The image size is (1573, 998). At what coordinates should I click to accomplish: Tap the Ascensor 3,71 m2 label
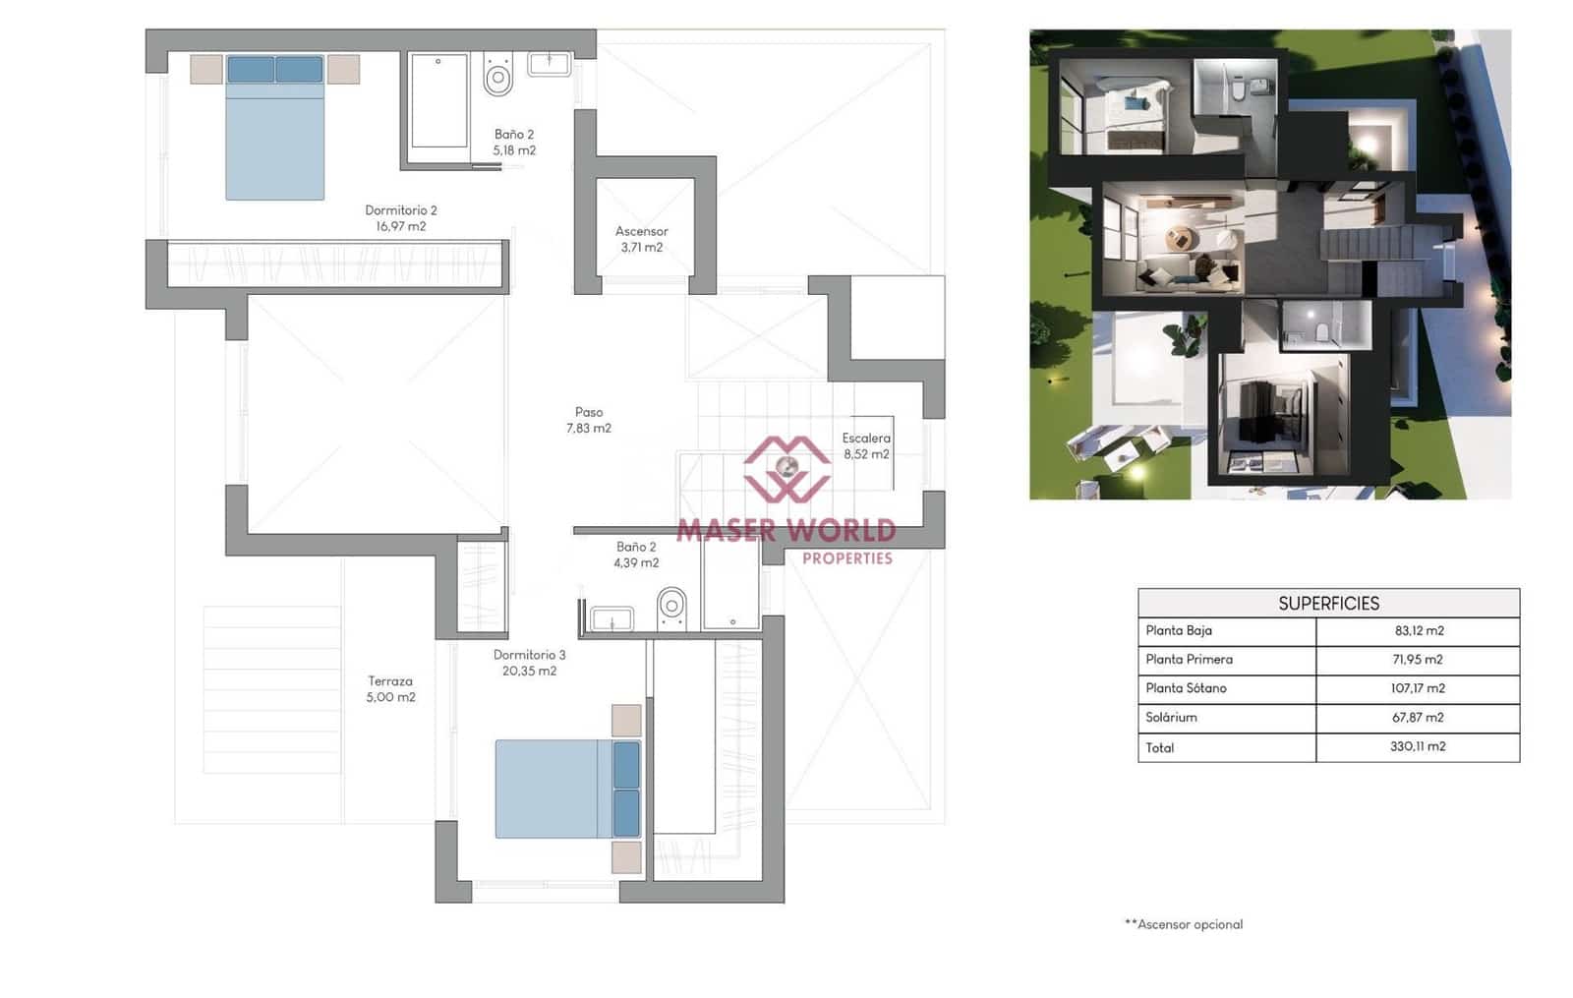[641, 239]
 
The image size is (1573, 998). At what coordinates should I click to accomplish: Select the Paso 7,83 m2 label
[588, 420]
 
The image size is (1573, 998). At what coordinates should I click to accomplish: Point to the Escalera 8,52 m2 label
[865, 445]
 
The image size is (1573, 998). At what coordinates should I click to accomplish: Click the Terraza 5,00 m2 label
[390, 688]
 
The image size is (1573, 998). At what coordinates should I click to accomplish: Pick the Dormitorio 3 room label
[529, 662]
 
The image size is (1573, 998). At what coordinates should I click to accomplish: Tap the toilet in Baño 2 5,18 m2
[498, 75]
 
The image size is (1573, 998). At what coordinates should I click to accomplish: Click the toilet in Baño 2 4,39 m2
[671, 607]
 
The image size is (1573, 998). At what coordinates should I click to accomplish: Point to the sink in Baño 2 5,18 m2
[549, 65]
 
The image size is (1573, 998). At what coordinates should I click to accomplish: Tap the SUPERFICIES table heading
[1328, 603]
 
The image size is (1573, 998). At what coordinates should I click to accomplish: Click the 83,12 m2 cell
[1419, 630]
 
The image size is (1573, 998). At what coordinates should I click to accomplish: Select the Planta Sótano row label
[1185, 687]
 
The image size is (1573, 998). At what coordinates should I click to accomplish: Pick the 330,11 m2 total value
[1418, 746]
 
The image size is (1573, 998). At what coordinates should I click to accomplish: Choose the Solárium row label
[1171, 717]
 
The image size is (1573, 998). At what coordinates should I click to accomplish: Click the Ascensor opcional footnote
[1184, 923]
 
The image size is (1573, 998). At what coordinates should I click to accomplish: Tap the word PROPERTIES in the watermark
[846, 558]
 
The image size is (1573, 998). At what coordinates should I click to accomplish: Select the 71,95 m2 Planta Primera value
[1418, 659]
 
